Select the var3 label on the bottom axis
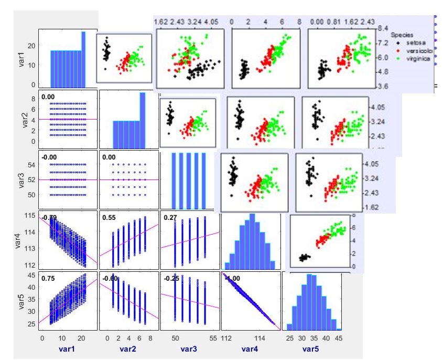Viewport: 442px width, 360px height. tap(189, 348)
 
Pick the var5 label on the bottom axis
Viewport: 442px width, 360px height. tap(311, 348)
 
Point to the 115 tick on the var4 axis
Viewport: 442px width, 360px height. tap(29, 216)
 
